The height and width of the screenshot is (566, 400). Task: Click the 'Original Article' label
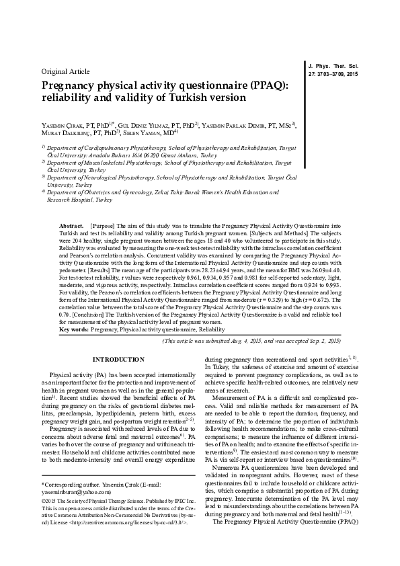[65, 71]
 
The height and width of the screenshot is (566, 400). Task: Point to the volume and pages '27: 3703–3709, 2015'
[333, 73]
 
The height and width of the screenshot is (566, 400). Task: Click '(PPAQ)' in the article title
[266, 85]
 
